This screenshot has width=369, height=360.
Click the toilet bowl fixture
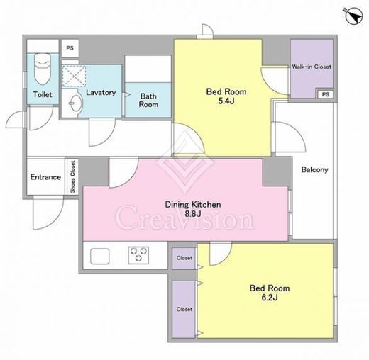(43, 69)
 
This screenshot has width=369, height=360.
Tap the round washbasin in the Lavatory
(77, 103)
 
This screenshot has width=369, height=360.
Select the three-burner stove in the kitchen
(138, 255)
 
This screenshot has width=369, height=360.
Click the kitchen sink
(100, 256)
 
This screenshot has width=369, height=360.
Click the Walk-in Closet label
(312, 67)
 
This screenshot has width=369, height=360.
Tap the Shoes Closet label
(73, 176)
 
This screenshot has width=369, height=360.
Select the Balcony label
(314, 169)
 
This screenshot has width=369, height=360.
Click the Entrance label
(45, 177)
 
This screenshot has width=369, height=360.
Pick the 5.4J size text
(226, 101)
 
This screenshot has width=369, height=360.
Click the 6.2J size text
(270, 298)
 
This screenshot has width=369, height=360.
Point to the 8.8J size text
(193, 214)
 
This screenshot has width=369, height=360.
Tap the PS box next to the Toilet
(70, 48)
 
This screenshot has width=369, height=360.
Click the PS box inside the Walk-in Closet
(326, 94)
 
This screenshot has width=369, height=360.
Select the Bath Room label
(148, 100)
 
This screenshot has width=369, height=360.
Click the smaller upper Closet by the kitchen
(184, 258)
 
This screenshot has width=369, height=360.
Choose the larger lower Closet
(184, 309)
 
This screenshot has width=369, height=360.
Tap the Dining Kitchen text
(193, 205)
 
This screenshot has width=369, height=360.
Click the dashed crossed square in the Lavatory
(75, 76)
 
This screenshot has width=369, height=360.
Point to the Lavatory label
(101, 92)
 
